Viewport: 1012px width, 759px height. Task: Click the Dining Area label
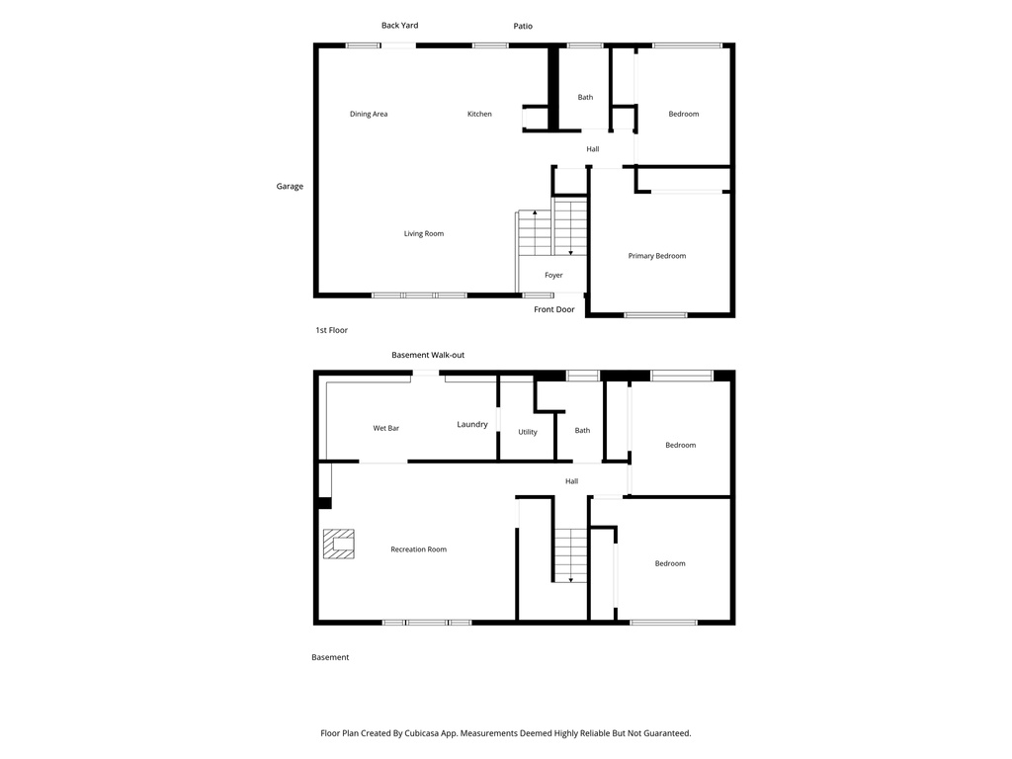click(x=369, y=114)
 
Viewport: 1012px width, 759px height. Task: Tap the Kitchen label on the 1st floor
click(x=479, y=114)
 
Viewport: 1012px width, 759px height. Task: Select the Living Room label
click(x=423, y=234)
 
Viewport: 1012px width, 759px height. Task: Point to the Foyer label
click(x=553, y=276)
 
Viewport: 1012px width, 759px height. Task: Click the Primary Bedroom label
click(x=657, y=256)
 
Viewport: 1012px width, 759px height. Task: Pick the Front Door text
click(x=553, y=309)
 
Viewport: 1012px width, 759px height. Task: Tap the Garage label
click(x=290, y=186)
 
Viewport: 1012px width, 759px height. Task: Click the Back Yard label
click(x=399, y=26)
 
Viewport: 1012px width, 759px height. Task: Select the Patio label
click(x=523, y=27)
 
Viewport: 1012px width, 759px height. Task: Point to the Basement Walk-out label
click(x=428, y=355)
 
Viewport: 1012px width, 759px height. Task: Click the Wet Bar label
click(x=385, y=428)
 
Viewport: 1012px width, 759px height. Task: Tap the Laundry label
click(x=472, y=425)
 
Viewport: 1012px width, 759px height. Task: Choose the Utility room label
click(x=528, y=432)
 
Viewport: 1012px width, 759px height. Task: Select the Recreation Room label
click(x=418, y=549)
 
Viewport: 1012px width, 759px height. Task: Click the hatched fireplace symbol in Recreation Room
click(x=339, y=545)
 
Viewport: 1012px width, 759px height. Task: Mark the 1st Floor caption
click(x=331, y=330)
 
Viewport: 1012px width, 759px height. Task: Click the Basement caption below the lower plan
click(x=330, y=657)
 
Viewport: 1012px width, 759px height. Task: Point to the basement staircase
click(x=570, y=555)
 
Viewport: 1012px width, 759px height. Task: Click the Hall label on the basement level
click(x=571, y=481)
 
